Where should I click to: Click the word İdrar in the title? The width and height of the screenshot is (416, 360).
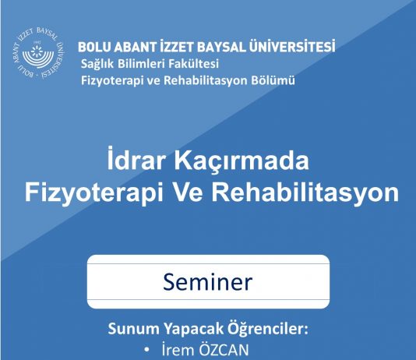pyautogui.click(x=136, y=162)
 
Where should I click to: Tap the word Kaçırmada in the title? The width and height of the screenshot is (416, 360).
pyautogui.click(x=238, y=162)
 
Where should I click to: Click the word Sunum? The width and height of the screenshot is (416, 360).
pyautogui.click(x=129, y=327)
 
